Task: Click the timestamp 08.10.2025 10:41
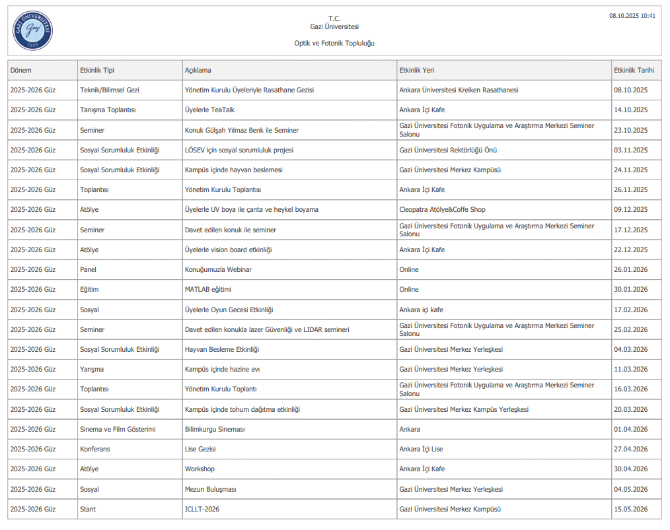632,16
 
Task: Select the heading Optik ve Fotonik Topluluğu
334,44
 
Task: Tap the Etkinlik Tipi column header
97,70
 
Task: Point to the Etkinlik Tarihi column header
634,70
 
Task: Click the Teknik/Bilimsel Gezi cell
110,90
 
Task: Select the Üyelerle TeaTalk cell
209,110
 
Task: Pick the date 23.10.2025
631,130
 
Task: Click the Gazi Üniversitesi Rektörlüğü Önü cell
448,150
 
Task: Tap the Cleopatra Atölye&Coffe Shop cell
442,210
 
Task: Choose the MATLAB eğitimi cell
208,290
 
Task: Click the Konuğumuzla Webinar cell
218,269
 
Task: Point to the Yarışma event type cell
92,370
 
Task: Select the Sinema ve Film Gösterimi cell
118,429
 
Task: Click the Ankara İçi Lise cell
422,449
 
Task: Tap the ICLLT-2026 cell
202,509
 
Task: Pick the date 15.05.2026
631,509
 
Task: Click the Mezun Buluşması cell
211,489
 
